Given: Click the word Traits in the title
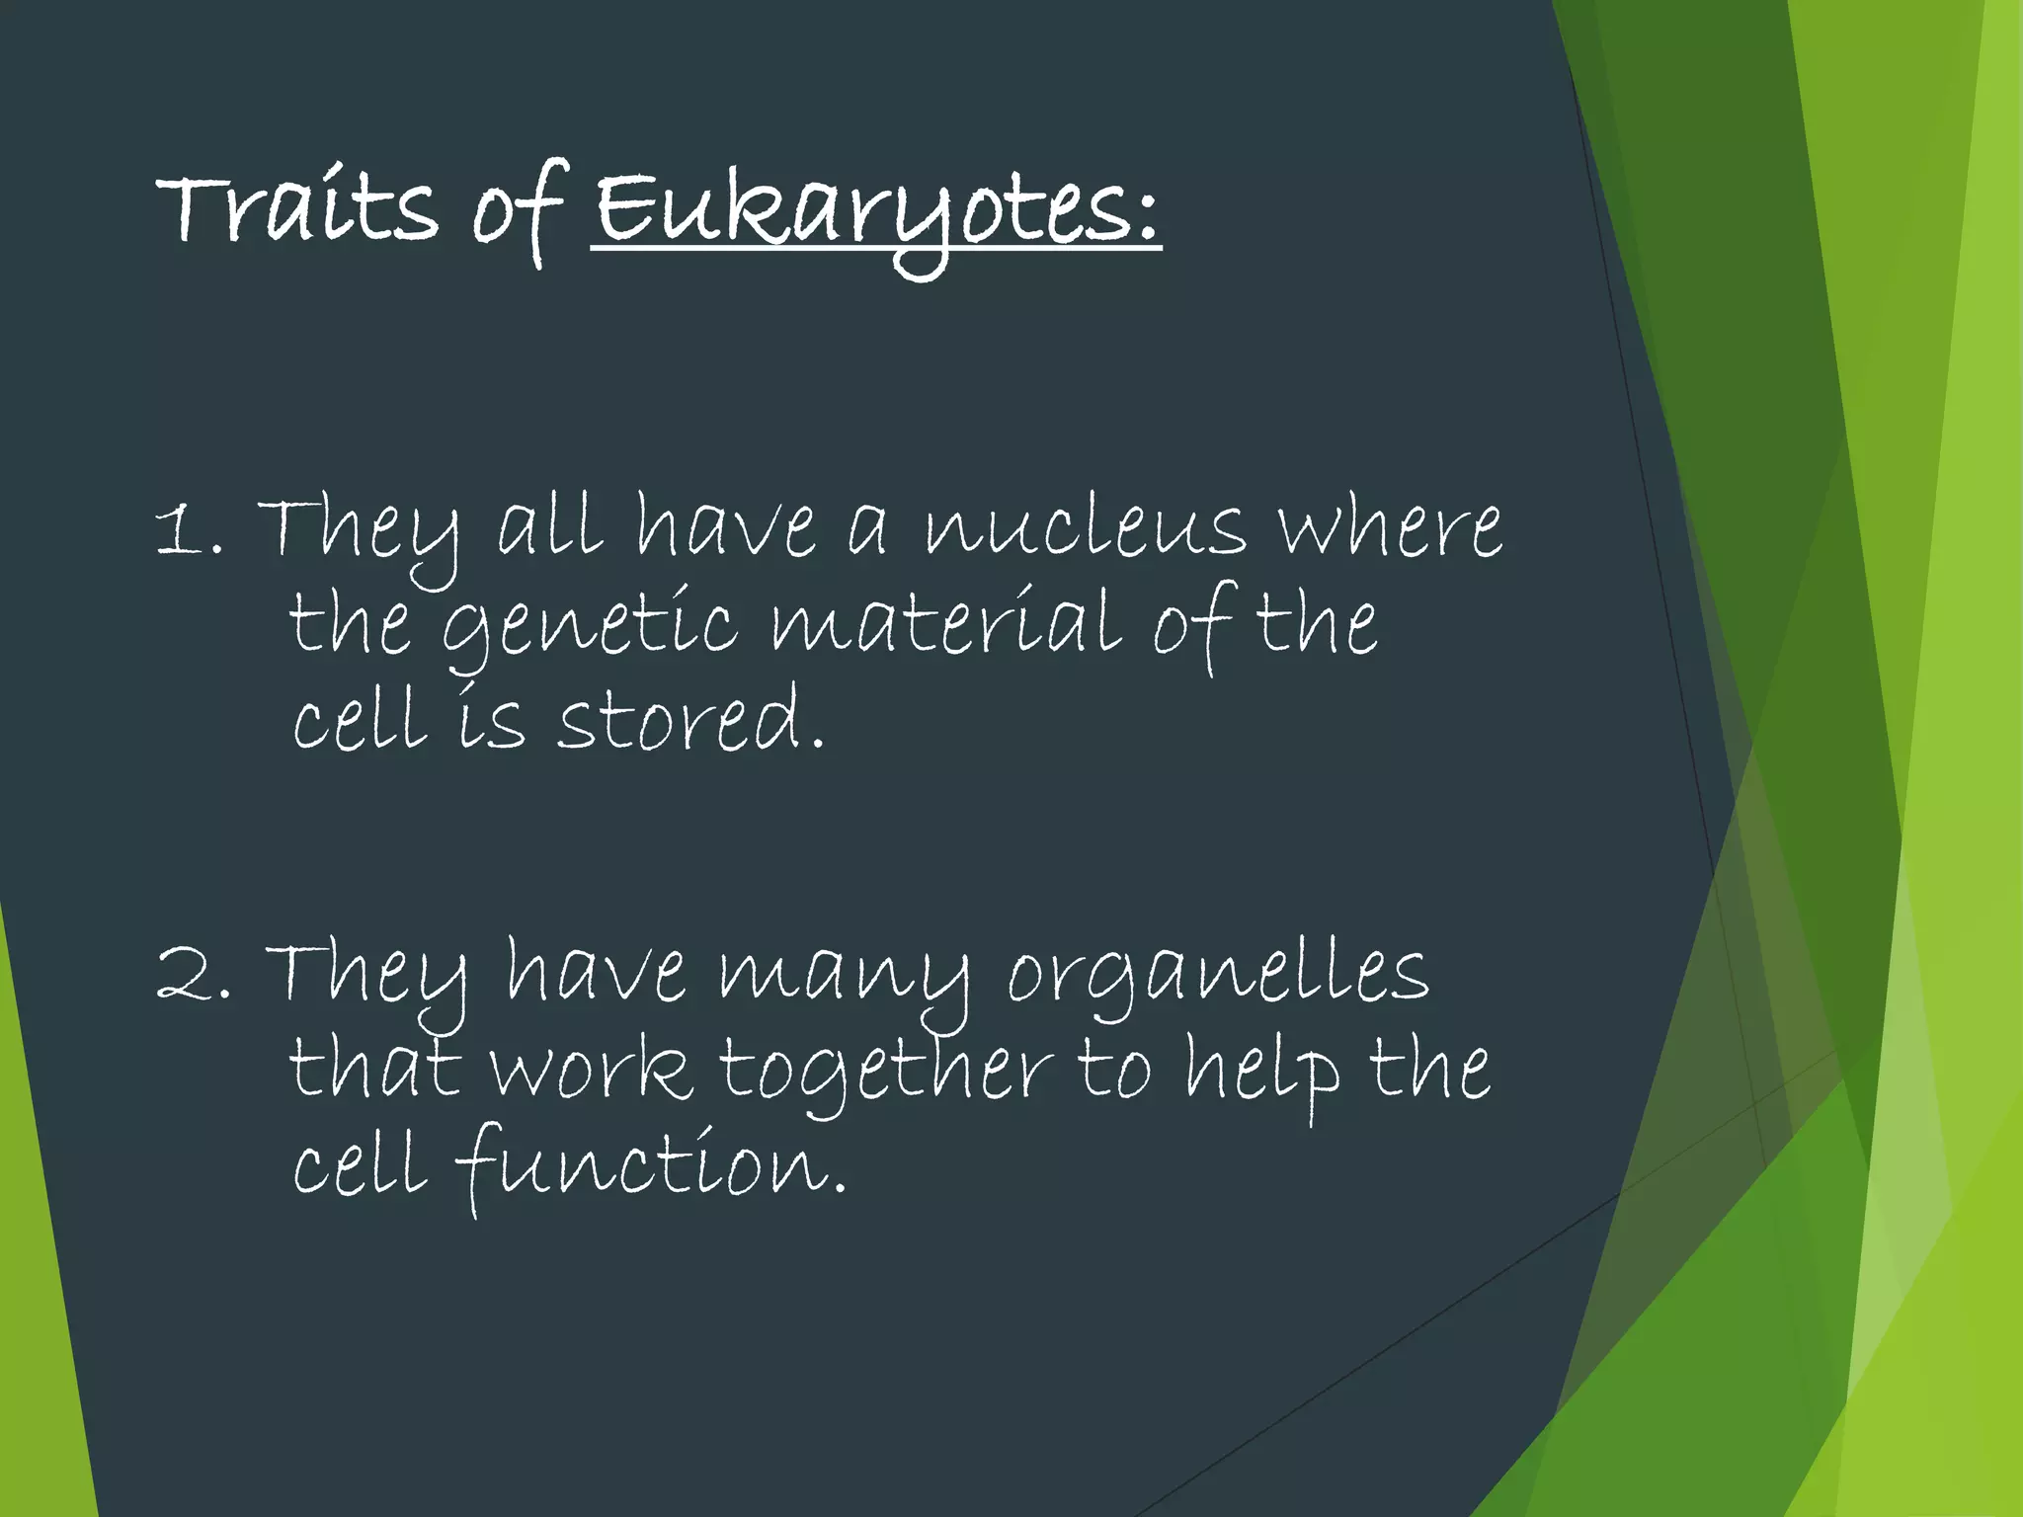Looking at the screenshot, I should click(x=296, y=208).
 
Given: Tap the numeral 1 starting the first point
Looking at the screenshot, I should click(x=178, y=531).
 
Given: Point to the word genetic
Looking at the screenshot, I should click(x=589, y=626).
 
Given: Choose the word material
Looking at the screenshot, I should click(x=945, y=624).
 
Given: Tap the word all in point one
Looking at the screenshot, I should click(x=549, y=527).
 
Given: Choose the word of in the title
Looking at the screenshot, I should click(x=518, y=210).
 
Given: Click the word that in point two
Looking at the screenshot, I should click(x=374, y=1070).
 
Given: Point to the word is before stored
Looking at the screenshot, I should click(x=491, y=719).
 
